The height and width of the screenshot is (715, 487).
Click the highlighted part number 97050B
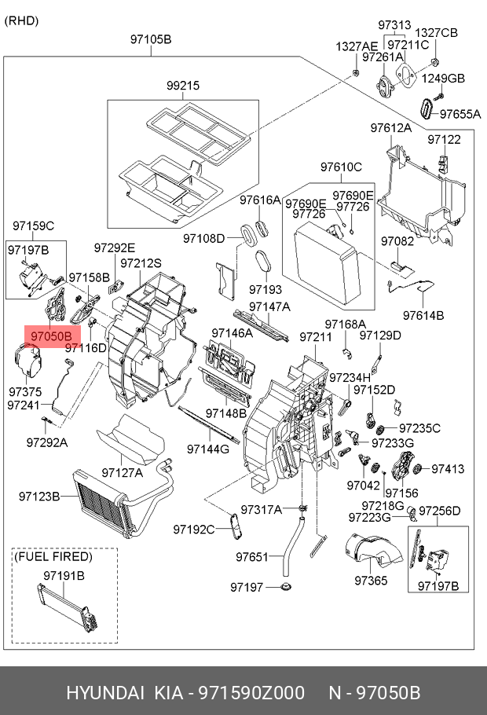point(52,336)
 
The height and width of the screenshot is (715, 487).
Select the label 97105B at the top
point(151,39)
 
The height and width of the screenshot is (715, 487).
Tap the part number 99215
point(183,86)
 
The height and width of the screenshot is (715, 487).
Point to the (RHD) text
point(21,20)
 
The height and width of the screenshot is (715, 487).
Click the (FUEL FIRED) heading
point(53,556)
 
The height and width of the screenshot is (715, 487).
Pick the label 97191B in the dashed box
point(64,575)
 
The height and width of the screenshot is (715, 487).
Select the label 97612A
point(391,128)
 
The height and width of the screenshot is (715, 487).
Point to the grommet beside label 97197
point(286,586)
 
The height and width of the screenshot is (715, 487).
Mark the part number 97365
point(371,581)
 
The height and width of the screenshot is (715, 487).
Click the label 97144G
point(208,449)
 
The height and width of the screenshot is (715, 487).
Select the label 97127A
point(123,473)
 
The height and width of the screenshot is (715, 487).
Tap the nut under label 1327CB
point(435,61)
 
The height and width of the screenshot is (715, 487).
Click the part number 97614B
point(423,315)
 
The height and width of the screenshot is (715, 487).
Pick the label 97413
point(448,469)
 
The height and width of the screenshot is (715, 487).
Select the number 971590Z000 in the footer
point(251,693)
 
